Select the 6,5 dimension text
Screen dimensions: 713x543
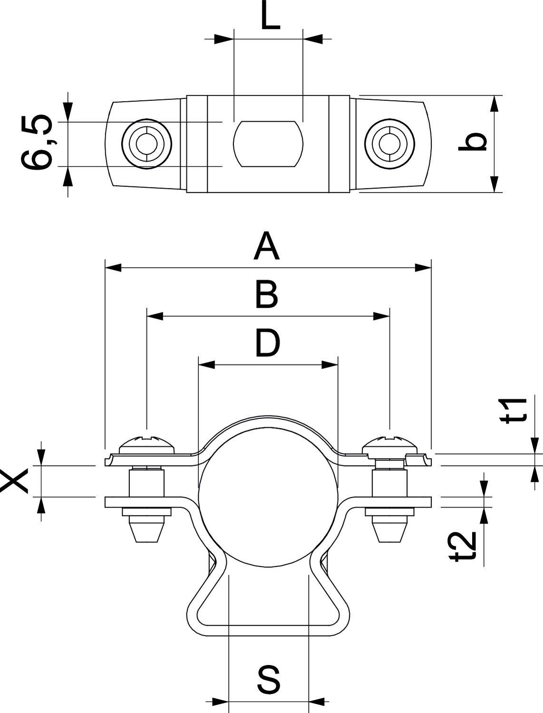pos(37,142)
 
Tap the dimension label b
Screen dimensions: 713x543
pos(473,142)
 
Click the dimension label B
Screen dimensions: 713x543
pos(267,295)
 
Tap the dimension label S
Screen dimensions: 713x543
pos(269,679)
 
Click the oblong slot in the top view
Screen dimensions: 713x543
pos(268,144)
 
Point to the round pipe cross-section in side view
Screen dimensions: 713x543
pos(268,495)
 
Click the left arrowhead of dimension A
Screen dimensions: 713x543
pos(113,268)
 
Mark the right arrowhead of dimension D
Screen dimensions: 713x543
pos(330,365)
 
